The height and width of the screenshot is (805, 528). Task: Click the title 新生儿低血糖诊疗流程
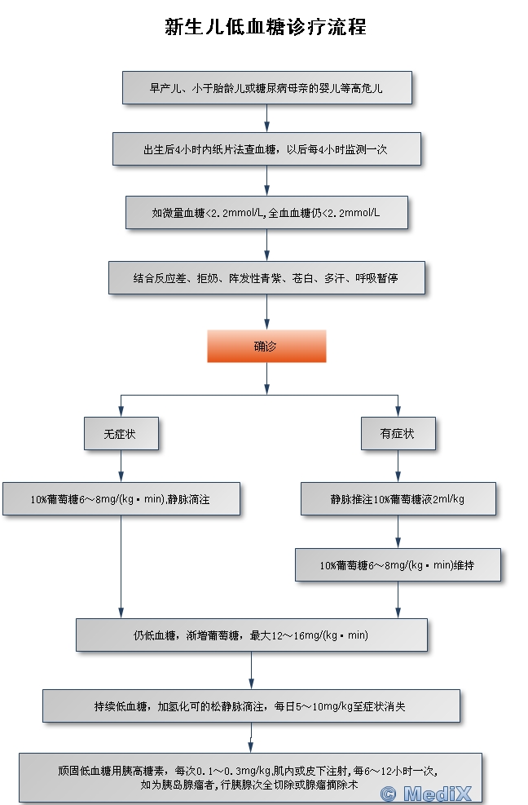[x=266, y=27]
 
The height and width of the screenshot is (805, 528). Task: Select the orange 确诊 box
[x=266, y=346]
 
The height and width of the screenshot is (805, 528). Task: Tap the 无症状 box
[x=121, y=434]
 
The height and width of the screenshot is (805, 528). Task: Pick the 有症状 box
[x=398, y=434]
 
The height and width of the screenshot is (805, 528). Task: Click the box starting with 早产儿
[x=266, y=88]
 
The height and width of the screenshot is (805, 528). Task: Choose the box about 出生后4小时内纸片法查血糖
[x=266, y=149]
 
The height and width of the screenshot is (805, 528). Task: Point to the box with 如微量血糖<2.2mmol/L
[x=266, y=212]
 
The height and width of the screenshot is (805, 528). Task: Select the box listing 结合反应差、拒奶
[x=266, y=277]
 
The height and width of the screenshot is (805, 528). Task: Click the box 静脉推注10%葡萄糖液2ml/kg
[x=398, y=499]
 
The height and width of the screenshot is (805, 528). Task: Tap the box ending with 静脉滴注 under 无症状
[x=121, y=499]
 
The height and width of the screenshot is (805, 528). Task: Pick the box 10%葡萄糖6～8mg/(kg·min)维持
[x=398, y=564]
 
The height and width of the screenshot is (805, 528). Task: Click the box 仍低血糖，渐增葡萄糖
[x=251, y=635]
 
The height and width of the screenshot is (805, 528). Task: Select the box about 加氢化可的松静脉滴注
[x=251, y=706]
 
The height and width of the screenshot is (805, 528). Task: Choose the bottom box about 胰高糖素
[x=251, y=776]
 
